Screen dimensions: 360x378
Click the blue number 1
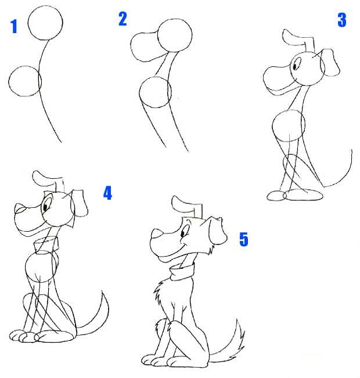click(14, 26)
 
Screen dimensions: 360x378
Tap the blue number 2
click(123, 19)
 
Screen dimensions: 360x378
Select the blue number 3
click(342, 20)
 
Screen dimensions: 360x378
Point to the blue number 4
click(108, 193)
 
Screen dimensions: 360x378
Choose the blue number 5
click(244, 239)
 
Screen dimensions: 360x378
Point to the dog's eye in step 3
click(295, 65)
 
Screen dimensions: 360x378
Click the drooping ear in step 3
click(330, 62)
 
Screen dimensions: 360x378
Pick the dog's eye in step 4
click(45, 207)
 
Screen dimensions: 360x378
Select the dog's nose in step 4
click(19, 208)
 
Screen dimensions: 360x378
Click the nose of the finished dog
click(157, 234)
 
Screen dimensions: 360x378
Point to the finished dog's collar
click(182, 271)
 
